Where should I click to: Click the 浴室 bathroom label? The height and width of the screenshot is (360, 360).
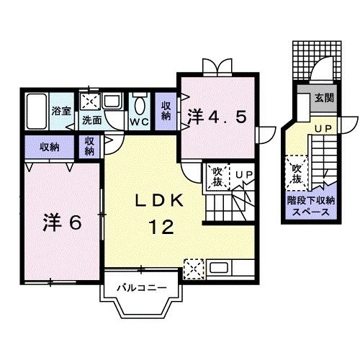coord(61,111)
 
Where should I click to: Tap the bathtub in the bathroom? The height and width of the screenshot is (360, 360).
coord(36,112)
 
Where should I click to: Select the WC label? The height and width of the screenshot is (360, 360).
coord(138,121)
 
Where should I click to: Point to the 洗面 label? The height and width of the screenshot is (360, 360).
coord(91,121)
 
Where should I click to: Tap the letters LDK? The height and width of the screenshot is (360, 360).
coord(163,202)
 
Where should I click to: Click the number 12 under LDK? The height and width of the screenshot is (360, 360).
coord(163,228)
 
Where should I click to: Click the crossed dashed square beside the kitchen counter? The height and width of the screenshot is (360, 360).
coord(194,269)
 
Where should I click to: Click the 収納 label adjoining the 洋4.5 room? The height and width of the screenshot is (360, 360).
coord(166,111)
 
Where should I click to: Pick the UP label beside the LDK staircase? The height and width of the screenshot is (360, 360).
coord(241,174)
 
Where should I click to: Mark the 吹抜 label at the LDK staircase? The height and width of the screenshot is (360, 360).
coord(216,176)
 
